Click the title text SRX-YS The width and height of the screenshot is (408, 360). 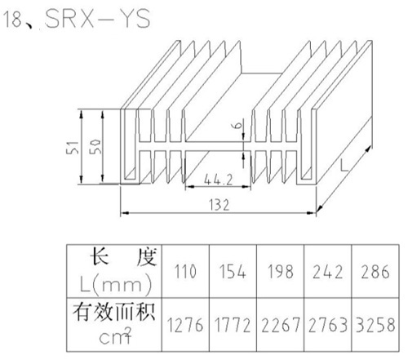click(x=98, y=18)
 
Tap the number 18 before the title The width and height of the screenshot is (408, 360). click(x=12, y=19)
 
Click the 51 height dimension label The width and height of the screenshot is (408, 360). click(x=73, y=148)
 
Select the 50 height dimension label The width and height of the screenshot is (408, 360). click(x=95, y=147)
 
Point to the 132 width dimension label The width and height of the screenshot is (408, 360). click(x=220, y=205)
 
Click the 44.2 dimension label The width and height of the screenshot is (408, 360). click(x=218, y=180)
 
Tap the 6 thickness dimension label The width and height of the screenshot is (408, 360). click(x=237, y=125)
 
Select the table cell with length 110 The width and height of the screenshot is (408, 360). click(x=185, y=271)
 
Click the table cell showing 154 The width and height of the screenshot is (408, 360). click(x=233, y=271)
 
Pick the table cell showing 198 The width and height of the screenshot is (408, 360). click(x=280, y=271)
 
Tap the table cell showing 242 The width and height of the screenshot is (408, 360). click(x=328, y=271)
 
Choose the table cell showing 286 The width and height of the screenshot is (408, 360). click(x=375, y=271)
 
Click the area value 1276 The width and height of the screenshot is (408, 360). click(x=185, y=325)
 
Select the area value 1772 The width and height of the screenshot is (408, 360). click(x=233, y=325)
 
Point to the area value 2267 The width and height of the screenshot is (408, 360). click(x=280, y=325)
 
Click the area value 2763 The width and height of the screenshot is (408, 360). click(x=328, y=325)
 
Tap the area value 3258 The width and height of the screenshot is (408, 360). click(x=375, y=325)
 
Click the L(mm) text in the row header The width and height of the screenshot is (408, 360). click(x=116, y=284)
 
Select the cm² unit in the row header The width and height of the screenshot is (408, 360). click(x=115, y=336)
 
